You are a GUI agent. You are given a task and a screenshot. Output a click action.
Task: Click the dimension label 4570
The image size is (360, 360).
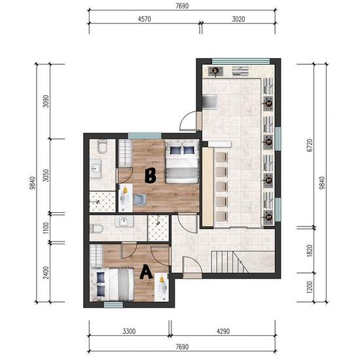click(x=145, y=19)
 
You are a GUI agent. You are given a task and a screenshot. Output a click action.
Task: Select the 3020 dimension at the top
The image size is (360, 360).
click(x=238, y=19)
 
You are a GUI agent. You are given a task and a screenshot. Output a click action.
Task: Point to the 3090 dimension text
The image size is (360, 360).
click(x=46, y=101)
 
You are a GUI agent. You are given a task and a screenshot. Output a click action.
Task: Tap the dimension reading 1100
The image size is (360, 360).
click(x=46, y=228)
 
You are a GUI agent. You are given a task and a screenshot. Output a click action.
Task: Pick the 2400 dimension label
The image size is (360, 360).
click(x=46, y=272)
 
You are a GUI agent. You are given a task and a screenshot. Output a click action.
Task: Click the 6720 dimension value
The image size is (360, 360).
click(x=310, y=145)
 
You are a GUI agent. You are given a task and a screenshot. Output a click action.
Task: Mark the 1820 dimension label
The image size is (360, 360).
click(x=310, y=251)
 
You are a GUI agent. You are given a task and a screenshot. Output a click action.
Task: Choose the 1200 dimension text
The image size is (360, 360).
click(x=310, y=287)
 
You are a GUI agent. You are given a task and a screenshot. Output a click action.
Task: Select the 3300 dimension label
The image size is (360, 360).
click(x=129, y=331)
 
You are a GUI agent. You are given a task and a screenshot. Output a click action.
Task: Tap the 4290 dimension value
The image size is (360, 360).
click(x=223, y=331)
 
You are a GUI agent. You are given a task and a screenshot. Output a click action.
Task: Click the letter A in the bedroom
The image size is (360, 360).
click(x=146, y=272)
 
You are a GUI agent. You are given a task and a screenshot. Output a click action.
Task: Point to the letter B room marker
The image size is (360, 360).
click(x=151, y=175)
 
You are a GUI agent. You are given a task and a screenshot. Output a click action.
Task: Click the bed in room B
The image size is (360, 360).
click(x=182, y=162)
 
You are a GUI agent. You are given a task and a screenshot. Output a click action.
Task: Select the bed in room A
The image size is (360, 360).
click(x=112, y=284)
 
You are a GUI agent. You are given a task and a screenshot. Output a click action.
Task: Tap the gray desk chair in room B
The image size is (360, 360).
click(x=140, y=199)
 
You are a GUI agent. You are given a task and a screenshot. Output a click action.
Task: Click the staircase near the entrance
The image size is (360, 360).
click(x=230, y=262)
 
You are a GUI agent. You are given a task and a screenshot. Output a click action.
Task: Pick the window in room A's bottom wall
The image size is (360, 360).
click(x=113, y=305)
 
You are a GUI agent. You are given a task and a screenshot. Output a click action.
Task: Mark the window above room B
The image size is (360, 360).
click(x=145, y=136)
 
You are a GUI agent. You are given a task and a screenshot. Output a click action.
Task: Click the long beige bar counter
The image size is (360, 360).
click(x=207, y=187)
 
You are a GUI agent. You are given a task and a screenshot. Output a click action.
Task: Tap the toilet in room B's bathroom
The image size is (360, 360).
click(x=102, y=147)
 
